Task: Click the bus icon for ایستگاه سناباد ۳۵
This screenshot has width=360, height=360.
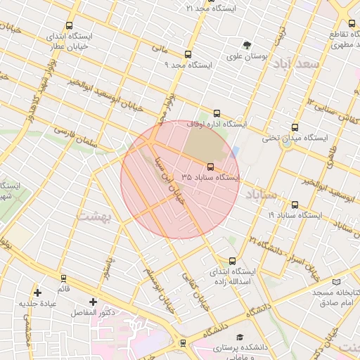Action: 211,167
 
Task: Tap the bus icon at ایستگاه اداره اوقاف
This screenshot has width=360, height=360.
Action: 216,113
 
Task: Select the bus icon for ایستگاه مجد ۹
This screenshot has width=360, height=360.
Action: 187,54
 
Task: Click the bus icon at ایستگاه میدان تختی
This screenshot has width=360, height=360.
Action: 295,128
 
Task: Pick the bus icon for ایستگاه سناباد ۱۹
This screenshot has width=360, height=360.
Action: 295,205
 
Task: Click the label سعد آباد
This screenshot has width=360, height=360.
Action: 298,64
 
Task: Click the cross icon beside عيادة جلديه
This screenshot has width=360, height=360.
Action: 37,292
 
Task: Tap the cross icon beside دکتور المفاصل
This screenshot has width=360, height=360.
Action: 93,302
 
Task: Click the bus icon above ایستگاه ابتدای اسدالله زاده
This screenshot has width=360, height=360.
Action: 233,261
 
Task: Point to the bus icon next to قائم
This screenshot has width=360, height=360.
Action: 64,278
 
